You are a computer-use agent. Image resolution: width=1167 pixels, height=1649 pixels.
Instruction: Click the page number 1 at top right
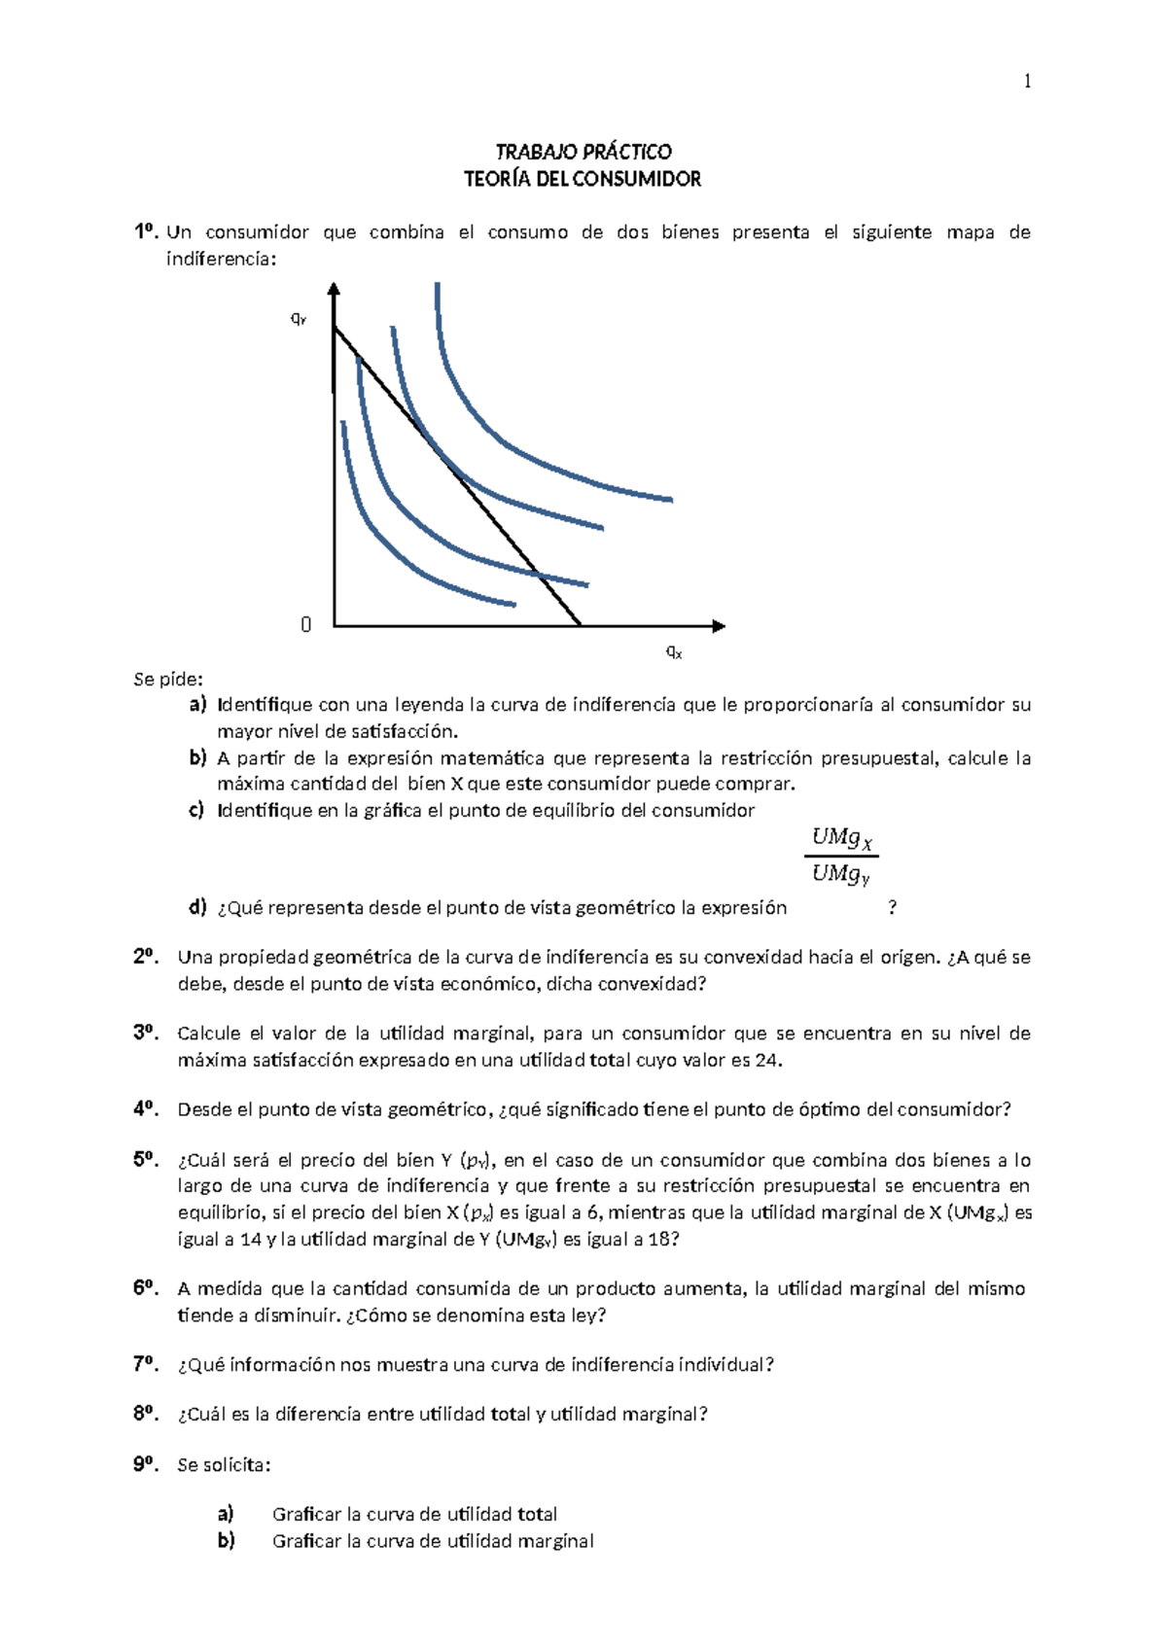pos(1027,82)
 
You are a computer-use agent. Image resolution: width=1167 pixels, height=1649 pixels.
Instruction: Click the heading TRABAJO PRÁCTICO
pos(583,152)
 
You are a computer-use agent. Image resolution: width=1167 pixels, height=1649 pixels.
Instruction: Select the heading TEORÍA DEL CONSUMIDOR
pos(583,179)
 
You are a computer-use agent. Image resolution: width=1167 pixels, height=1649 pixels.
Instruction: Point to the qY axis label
pos(300,319)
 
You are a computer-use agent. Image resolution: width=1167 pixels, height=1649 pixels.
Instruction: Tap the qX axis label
pos(674,652)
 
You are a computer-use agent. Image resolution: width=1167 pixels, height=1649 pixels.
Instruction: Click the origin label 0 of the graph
pos(306,625)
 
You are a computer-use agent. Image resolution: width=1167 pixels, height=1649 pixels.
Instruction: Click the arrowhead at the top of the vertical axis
pos(334,289)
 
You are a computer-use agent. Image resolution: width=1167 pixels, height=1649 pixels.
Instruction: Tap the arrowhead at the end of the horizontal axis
pos(719,625)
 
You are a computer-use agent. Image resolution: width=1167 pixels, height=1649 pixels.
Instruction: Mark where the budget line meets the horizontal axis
pos(581,624)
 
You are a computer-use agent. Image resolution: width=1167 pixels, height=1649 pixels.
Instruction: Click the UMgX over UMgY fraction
pos(841,856)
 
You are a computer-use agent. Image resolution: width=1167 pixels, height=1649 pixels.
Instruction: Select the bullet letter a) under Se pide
pos(198,705)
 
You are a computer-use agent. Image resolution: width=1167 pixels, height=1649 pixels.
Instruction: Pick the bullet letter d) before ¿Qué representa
pos(198,908)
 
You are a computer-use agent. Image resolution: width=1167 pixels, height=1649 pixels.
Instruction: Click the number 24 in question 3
pos(767,1060)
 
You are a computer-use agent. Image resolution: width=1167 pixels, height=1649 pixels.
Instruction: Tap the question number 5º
pos(146,1159)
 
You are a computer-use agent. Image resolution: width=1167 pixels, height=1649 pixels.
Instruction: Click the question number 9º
pos(146,1464)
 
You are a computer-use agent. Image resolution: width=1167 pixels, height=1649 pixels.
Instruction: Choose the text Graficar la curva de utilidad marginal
pos(433,1541)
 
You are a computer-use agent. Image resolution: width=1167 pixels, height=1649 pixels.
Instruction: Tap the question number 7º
pos(146,1364)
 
